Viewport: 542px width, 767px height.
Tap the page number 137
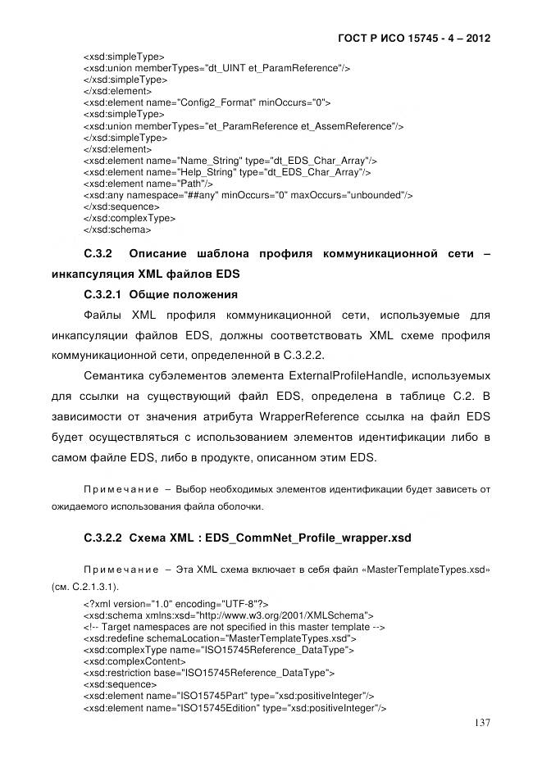(x=483, y=722)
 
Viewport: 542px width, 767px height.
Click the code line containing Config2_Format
(x=207, y=103)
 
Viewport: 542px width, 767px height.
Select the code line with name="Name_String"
(x=230, y=161)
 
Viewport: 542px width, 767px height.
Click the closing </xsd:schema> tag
(x=117, y=230)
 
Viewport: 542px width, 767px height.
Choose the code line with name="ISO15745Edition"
(x=235, y=707)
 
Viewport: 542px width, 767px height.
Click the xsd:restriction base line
(x=209, y=673)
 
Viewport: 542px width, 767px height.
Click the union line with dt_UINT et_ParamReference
(x=216, y=68)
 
